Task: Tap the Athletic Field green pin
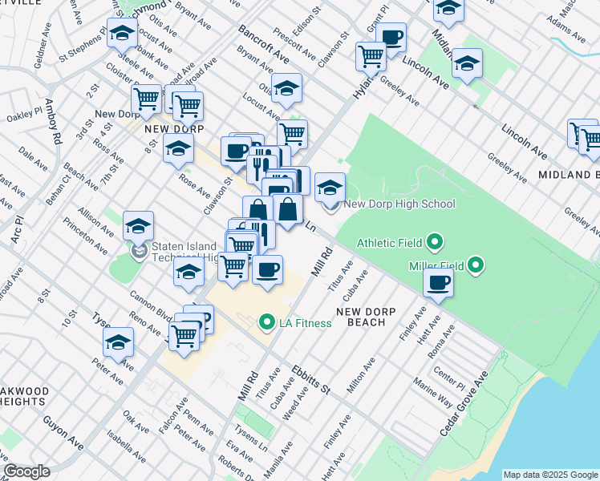click(435, 241)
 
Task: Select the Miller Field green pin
click(476, 264)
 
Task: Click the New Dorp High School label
click(399, 204)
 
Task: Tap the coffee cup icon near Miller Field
click(439, 282)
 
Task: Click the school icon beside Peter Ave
click(118, 342)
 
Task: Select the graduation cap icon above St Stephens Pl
click(122, 34)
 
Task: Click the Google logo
click(26, 471)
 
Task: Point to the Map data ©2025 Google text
click(550, 475)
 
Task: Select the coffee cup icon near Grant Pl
click(391, 37)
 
